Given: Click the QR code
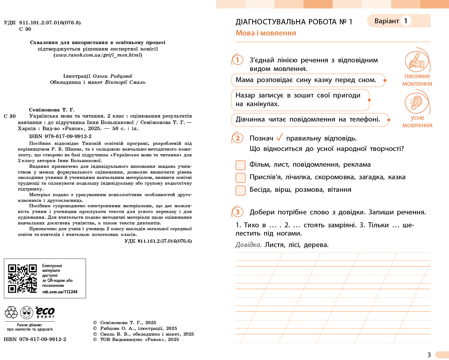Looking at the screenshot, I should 23,279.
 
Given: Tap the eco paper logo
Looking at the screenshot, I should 45,312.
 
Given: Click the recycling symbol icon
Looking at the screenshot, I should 11,313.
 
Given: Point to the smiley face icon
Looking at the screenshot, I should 27,313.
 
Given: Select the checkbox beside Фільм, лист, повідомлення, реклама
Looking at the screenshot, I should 240,165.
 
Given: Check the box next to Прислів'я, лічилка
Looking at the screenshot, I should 240,177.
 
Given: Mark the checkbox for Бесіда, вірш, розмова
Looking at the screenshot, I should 240,190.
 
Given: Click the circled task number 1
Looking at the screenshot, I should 238,60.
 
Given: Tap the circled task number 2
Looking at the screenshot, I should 238,138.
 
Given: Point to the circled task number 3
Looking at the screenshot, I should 238,212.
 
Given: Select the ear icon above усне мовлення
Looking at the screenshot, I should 417,103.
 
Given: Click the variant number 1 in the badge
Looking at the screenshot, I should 406,21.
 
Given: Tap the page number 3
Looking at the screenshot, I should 429,355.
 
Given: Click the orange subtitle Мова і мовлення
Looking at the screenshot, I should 266,33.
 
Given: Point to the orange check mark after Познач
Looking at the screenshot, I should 280,137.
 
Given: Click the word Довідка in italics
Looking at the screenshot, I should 248,245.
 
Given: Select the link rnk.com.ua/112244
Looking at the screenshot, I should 60,292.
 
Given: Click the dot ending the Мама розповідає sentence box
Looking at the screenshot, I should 385,80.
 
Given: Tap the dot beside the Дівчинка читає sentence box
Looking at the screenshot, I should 389,120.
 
